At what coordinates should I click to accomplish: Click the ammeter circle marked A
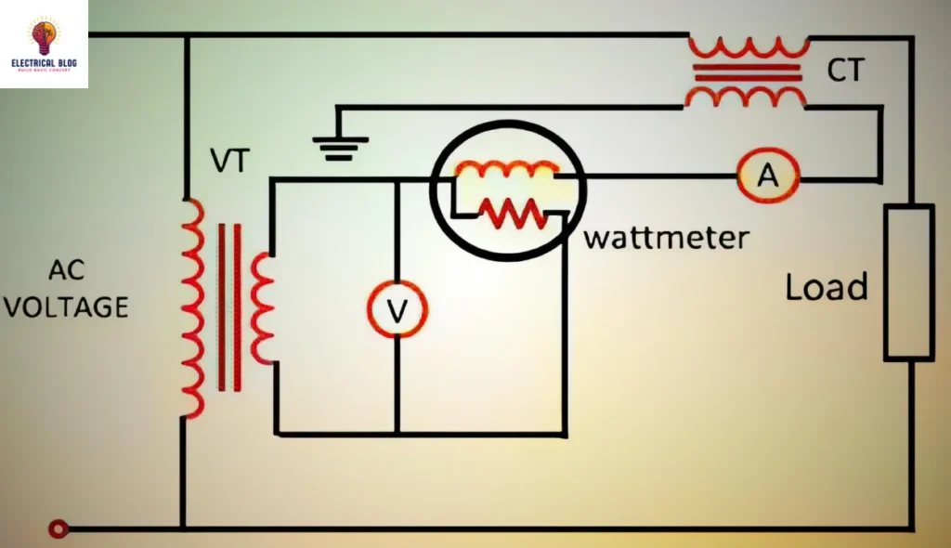click(x=768, y=175)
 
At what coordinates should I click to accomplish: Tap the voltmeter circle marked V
click(x=397, y=311)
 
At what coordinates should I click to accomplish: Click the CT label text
click(x=845, y=70)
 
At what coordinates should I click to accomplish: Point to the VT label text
click(x=229, y=162)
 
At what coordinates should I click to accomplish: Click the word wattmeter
click(x=665, y=237)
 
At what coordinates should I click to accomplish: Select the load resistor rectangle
click(x=907, y=282)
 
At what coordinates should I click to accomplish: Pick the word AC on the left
click(x=67, y=270)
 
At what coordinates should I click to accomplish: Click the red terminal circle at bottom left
click(x=59, y=529)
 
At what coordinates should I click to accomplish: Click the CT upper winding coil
click(x=748, y=48)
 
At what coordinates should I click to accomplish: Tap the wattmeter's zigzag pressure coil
click(x=511, y=213)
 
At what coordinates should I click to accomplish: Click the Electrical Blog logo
click(x=44, y=44)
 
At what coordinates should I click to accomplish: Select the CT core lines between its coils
click(x=747, y=72)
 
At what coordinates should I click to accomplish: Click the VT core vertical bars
click(x=229, y=307)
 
